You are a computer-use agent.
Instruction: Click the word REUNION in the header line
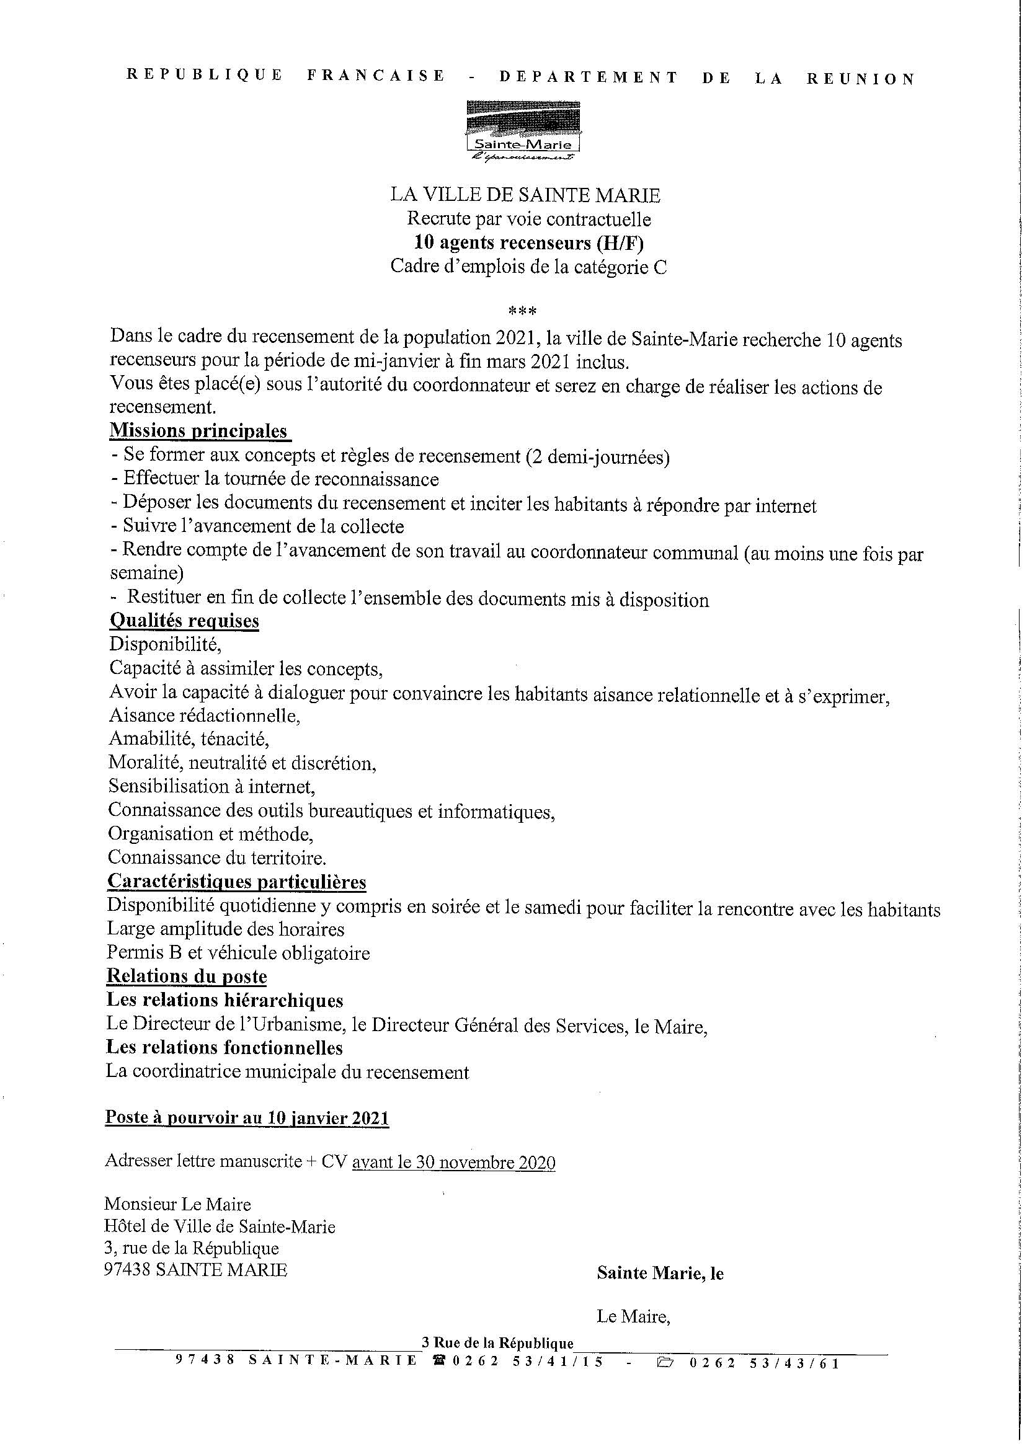click(861, 79)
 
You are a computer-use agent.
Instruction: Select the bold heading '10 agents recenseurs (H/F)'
click(528, 243)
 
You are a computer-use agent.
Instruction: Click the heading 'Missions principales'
click(198, 430)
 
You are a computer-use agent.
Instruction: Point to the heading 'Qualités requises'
click(184, 621)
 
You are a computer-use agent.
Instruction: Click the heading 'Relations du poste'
click(187, 976)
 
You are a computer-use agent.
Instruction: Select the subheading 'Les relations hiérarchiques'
click(225, 1000)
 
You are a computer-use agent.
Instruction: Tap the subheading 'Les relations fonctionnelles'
click(224, 1048)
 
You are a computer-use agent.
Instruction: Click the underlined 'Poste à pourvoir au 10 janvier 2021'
click(247, 1118)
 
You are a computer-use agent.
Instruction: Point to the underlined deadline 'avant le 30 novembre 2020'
click(453, 1163)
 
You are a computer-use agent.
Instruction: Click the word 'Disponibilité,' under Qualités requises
click(165, 644)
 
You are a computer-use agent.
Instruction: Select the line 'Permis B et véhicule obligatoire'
click(238, 953)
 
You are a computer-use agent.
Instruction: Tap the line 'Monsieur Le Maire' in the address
click(178, 1203)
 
